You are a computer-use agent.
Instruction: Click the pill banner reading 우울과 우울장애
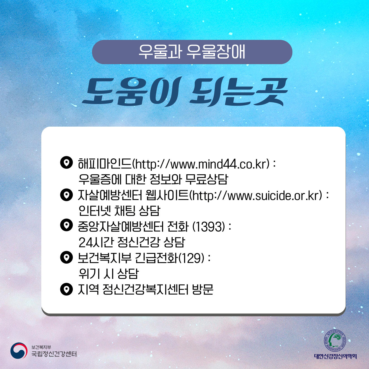(192, 52)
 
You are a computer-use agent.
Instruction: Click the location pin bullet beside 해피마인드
(66, 162)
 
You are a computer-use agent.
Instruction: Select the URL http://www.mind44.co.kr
(201, 164)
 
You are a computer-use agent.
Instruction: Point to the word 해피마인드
(105, 164)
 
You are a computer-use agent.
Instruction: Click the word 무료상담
(207, 179)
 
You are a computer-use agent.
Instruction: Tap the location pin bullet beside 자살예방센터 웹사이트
(66, 195)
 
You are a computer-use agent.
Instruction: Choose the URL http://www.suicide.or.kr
(256, 196)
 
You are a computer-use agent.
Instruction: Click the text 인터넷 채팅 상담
(119, 211)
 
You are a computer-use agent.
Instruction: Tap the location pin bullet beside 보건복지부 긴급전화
(66, 257)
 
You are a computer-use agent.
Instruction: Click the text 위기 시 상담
(108, 274)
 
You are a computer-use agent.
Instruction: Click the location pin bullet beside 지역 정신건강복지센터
(66, 289)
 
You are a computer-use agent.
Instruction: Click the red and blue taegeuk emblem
(19, 351)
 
